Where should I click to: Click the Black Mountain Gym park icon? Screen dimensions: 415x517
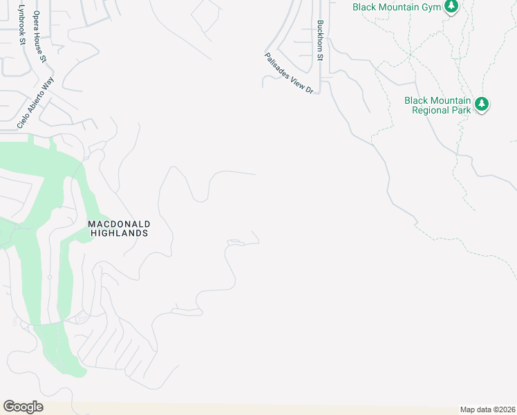451,6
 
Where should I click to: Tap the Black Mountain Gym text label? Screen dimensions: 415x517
396,7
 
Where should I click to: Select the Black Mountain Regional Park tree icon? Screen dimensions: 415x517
482,104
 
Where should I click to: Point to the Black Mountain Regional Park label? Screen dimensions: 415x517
438,104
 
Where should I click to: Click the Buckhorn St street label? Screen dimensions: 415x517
320,41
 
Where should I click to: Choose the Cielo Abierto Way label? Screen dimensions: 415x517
35,102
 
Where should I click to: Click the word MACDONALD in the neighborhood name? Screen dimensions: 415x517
119,224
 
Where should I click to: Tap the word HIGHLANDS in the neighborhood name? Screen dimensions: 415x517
120,233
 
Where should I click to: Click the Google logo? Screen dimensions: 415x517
23,406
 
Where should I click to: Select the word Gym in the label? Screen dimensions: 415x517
433,7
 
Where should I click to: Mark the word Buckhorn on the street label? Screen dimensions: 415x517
320,35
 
